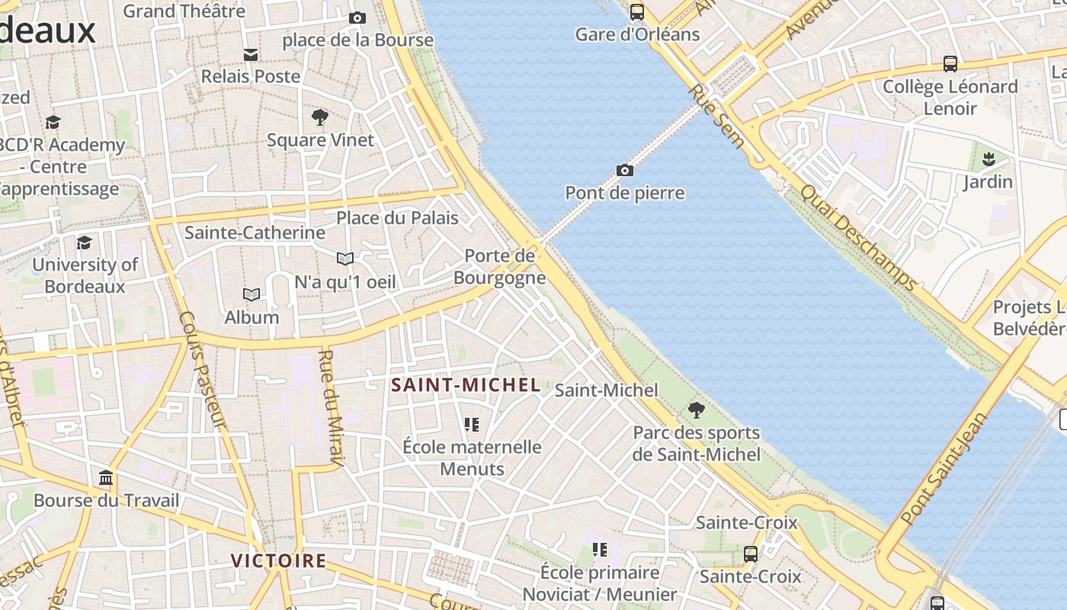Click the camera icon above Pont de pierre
pyautogui.click(x=624, y=170)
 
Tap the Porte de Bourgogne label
pyautogui.click(x=500, y=266)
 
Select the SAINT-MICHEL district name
pyautogui.click(x=466, y=385)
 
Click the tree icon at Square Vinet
pyautogui.click(x=320, y=117)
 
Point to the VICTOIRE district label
pyautogui.click(x=278, y=561)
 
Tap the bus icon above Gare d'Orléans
pyautogui.click(x=637, y=11)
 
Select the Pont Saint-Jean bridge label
pyautogui.click(x=944, y=469)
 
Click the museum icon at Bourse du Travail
pyautogui.click(x=107, y=478)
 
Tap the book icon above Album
pyautogui.click(x=252, y=294)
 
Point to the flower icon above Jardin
pyautogui.click(x=988, y=159)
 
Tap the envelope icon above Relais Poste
pyautogui.click(x=251, y=54)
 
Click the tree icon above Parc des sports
pyautogui.click(x=696, y=409)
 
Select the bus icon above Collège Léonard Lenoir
pyautogui.click(x=950, y=64)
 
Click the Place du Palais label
pyautogui.click(x=397, y=218)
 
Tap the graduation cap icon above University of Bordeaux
pyautogui.click(x=84, y=242)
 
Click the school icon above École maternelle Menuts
pyautogui.click(x=472, y=424)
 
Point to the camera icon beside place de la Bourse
pyautogui.click(x=357, y=18)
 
